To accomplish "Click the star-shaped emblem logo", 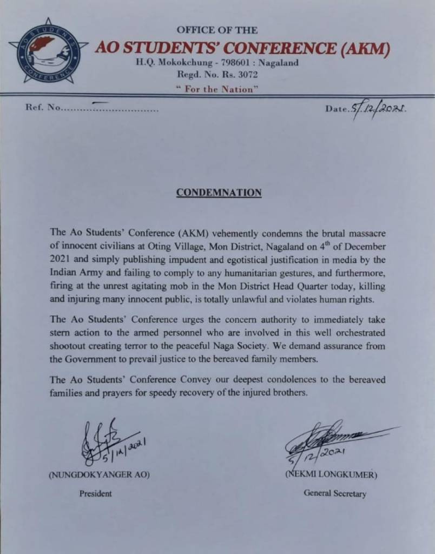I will pyautogui.click(x=48, y=51).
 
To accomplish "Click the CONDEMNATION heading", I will pyautogui.click(x=219, y=193).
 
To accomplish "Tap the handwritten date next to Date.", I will pyautogui.click(x=378, y=109).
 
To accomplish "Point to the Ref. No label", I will pyautogui.click(x=43, y=107).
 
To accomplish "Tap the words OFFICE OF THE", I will pyautogui.click(x=217, y=30).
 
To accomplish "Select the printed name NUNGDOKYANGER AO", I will pyautogui.click(x=99, y=476).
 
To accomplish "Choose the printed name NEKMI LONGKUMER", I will pyautogui.click(x=331, y=476).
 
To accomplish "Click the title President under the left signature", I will pyautogui.click(x=96, y=493).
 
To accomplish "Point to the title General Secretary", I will pyautogui.click(x=335, y=493).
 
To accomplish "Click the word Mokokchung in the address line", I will pyautogui.click(x=184, y=62).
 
